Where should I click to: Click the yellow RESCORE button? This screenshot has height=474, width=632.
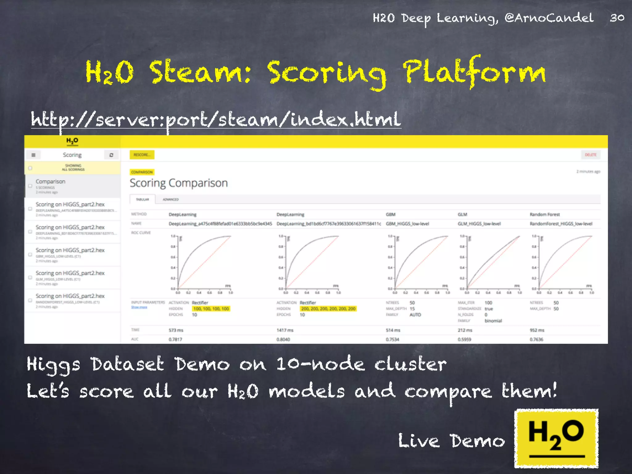pyautogui.click(x=142, y=155)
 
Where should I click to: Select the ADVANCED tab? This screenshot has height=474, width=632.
pyautogui.click(x=171, y=200)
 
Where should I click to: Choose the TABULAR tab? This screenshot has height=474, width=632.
pyautogui.click(x=143, y=200)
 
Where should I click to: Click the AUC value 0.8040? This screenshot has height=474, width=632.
pyautogui.click(x=283, y=339)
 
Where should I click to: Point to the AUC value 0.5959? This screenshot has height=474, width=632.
pyautogui.click(x=464, y=339)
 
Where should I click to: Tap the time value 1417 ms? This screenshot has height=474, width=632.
pyautogui.click(x=285, y=330)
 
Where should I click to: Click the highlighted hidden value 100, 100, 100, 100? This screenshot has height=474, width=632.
pyautogui.click(x=211, y=309)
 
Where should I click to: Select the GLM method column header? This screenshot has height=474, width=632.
pyautogui.click(x=462, y=214)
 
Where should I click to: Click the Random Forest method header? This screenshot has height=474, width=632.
pyautogui.click(x=545, y=214)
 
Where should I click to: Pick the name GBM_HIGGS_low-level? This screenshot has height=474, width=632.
pyautogui.click(x=407, y=224)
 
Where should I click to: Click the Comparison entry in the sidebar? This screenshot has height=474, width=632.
pyautogui.click(x=51, y=182)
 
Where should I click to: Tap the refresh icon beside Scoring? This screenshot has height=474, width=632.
pyautogui.click(x=111, y=155)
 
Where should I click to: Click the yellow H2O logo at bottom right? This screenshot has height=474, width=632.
pyautogui.click(x=556, y=438)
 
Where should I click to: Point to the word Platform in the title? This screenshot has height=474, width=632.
pyautogui.click(x=475, y=73)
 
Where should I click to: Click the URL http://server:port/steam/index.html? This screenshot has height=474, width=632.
pyautogui.click(x=216, y=120)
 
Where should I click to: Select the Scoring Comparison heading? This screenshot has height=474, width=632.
pyautogui.click(x=179, y=183)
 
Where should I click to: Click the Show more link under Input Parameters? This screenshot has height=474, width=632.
pyautogui.click(x=139, y=307)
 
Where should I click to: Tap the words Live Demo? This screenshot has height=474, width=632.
pyautogui.click(x=451, y=441)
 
